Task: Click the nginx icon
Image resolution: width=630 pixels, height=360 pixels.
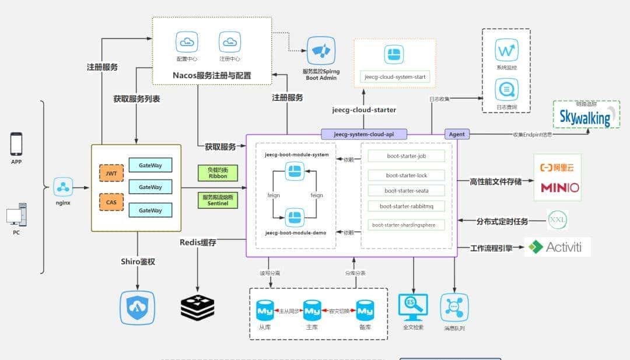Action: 63,187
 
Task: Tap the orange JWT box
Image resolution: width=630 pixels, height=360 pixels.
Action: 111,173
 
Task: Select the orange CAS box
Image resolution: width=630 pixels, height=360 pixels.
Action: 111,202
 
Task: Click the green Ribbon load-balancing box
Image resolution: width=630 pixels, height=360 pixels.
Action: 218,173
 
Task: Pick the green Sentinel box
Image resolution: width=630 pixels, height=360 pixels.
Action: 218,201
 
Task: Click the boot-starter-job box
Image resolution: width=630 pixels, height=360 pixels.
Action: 407,156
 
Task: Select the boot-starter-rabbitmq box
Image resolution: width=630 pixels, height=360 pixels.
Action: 407,206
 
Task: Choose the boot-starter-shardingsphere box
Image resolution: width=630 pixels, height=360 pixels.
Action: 407,225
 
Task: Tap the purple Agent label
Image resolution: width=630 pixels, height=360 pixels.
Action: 457,134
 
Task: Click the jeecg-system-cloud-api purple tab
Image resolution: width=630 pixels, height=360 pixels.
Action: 363,134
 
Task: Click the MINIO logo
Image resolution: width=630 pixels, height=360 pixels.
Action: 560,187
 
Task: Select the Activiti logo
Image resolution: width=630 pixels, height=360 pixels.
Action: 558,247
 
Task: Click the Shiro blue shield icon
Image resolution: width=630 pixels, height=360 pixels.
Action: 138,307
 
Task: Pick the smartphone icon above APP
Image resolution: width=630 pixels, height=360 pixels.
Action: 16,144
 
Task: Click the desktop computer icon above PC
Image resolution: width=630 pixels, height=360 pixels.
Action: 16,215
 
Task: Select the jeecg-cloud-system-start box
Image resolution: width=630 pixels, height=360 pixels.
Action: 395,76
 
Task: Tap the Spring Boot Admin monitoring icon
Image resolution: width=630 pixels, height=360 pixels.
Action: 321,51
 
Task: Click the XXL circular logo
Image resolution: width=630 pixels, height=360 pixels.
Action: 557,220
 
